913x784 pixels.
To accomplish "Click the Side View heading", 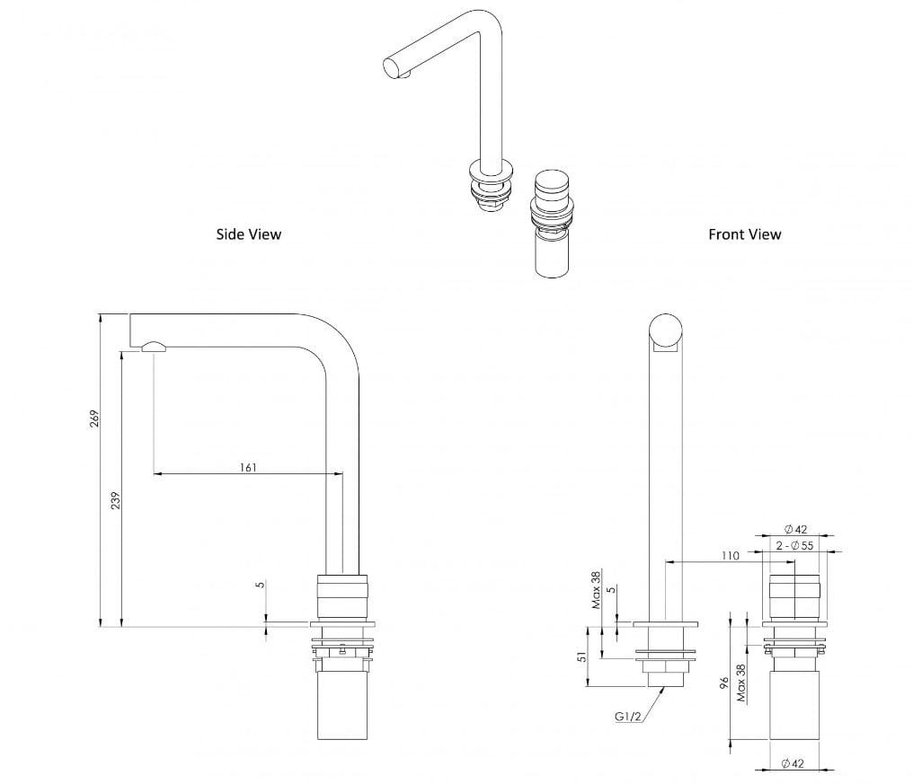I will pos(248,234).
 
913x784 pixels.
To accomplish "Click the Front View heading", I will pos(744,234).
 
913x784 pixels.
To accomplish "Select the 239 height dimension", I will pos(115,501).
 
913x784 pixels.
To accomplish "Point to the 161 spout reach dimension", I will pos(248,467).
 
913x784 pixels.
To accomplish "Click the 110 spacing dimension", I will pos(730,556).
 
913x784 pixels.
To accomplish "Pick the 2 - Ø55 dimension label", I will pos(794,545).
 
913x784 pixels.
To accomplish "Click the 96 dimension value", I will pos(723,685).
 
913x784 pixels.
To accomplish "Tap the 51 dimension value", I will pos(582,657).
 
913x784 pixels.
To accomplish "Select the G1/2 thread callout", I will pos(627,716).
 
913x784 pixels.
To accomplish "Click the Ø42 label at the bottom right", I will pos(793,763).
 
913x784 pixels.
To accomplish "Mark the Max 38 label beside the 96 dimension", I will pos(741,683).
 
